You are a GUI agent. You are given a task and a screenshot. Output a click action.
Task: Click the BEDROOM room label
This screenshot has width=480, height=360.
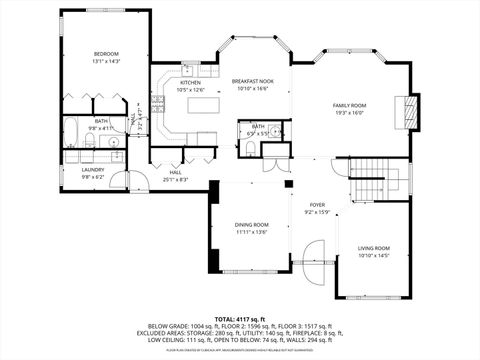tap(107, 53)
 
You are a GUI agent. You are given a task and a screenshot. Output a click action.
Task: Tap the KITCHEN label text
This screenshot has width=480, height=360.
tap(190, 83)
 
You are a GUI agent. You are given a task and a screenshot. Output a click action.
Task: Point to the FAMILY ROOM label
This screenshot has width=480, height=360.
tap(349, 105)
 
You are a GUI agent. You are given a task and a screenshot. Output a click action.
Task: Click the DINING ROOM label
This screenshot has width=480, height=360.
tap(251, 224)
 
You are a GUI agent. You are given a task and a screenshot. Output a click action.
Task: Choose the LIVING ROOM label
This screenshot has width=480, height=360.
tap(374, 247)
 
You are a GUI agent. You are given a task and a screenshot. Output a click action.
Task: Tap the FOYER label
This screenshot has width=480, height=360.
tap(316, 204)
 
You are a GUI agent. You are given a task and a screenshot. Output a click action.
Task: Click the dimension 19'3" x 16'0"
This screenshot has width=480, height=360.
tap(349, 113)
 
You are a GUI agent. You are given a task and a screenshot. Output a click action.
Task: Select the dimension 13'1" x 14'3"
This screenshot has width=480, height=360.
tap(107, 61)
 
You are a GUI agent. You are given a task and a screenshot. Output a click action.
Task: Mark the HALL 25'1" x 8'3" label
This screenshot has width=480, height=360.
tap(176, 176)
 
